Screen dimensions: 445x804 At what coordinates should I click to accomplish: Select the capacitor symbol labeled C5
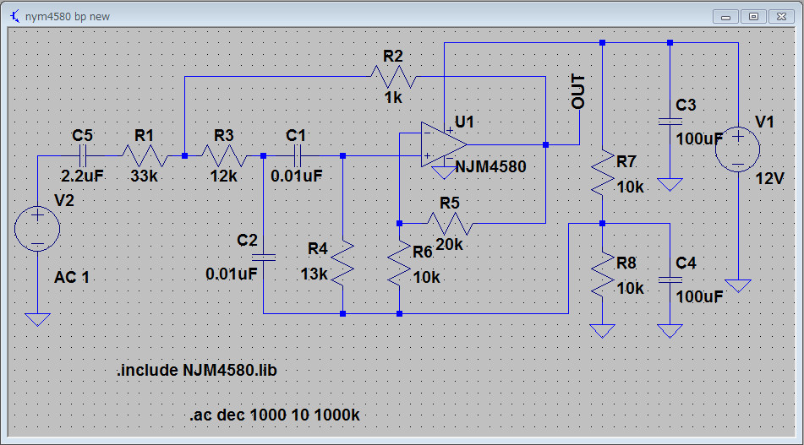click(x=82, y=155)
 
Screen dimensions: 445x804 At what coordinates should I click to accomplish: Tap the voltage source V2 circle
click(x=37, y=228)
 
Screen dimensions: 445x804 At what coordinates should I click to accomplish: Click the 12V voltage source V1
click(x=737, y=149)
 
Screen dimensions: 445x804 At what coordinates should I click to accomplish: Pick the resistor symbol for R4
click(x=342, y=263)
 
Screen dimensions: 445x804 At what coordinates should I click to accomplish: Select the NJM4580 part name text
click(x=490, y=167)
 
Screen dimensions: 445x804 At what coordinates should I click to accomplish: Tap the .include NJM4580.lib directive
click(x=206, y=371)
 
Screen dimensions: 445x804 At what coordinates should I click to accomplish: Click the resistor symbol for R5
click(x=448, y=223)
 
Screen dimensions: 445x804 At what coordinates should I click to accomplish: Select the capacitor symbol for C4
click(x=670, y=278)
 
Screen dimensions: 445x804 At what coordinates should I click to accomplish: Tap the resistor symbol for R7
click(x=601, y=171)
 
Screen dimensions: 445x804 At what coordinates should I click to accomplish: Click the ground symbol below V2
click(x=37, y=319)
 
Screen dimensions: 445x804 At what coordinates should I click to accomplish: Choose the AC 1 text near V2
click(x=72, y=277)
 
